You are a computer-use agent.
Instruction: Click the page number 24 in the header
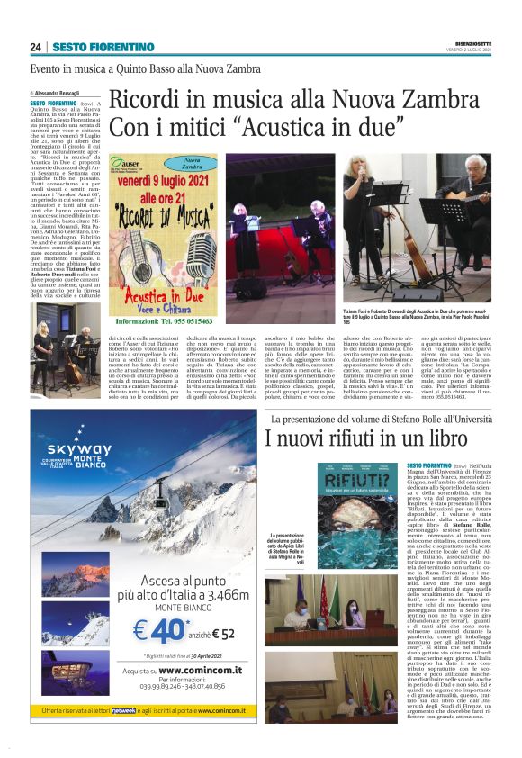[x=35, y=47]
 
